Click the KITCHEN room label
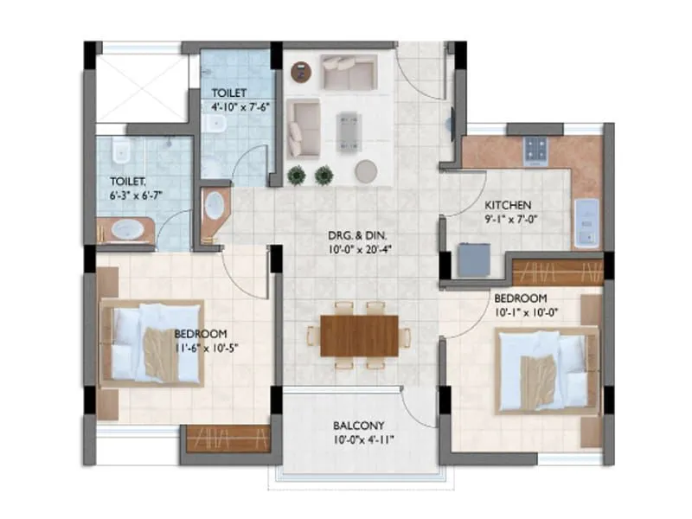(x=508, y=205)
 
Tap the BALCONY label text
(x=362, y=426)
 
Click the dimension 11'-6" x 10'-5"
(x=200, y=348)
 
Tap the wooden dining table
(x=360, y=335)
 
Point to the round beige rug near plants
(x=365, y=170)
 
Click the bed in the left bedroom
(x=154, y=343)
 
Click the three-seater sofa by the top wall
(x=349, y=71)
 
